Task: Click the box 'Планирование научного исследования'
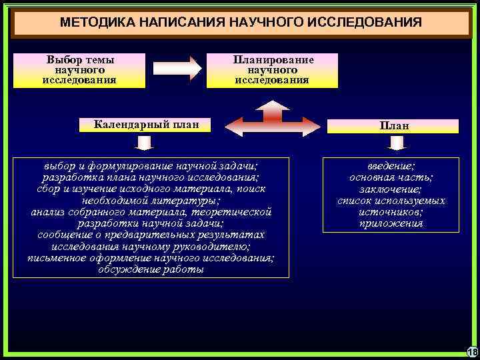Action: point(272,70)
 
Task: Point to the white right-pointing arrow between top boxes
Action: point(177,68)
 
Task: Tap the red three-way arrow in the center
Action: point(273,120)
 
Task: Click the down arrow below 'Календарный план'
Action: point(144,143)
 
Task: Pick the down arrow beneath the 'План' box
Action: point(397,143)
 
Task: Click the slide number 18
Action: point(472,351)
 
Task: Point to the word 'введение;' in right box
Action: point(391,166)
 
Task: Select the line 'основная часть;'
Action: point(391,177)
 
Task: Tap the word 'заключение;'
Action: point(391,189)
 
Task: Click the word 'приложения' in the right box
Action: point(391,223)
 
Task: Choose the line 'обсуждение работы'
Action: point(151,270)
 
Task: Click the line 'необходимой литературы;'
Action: point(151,200)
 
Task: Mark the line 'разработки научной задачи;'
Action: point(151,223)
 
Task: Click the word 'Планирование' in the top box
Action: point(272,59)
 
